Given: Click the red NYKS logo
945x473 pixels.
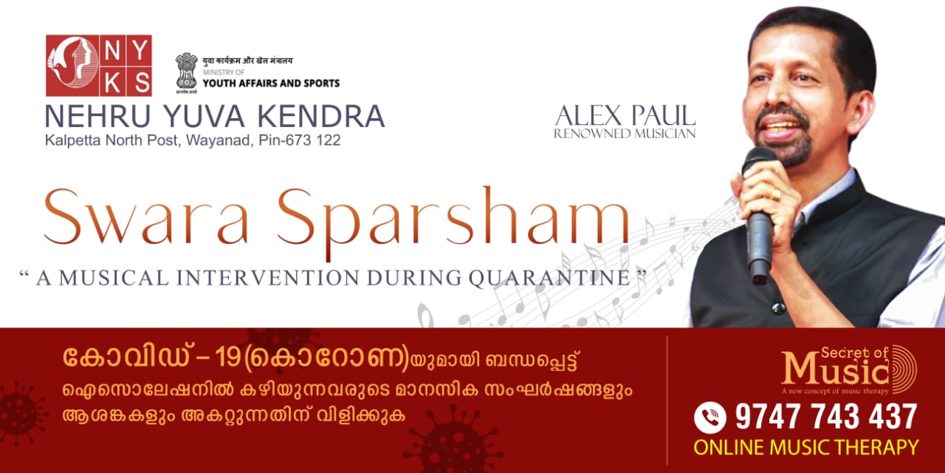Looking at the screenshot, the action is [99, 66].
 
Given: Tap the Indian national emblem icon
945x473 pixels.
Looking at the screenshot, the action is [187, 72].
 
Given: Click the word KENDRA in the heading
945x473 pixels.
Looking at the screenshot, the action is [321, 116].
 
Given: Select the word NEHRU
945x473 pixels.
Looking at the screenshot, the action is [97, 116].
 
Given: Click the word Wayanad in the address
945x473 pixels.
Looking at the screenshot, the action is [219, 140].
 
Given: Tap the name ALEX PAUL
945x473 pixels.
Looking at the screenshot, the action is [625, 116].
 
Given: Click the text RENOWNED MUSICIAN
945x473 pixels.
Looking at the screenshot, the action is [625, 134].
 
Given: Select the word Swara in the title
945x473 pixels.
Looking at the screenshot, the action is [146, 217].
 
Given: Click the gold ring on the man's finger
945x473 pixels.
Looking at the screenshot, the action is [776, 194].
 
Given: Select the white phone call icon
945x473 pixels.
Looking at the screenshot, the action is [710, 418].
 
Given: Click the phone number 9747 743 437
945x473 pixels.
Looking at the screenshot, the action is [826, 418].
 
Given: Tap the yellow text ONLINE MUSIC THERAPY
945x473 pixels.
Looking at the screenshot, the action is [805, 448].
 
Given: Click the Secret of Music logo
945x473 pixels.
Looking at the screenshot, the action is [849, 370].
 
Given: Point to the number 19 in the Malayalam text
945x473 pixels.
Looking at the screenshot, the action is [227, 358].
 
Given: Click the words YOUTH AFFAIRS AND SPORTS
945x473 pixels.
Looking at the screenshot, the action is [271, 84].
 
